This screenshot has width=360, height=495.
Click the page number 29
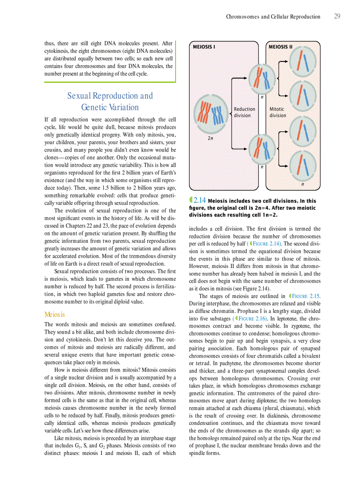(337, 16)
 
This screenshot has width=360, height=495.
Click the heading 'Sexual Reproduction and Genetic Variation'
(110, 101)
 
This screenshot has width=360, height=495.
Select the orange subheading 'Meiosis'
(54, 314)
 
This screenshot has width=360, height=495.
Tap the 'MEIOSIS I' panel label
(204, 47)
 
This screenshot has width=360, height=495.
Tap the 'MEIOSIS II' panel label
(281, 47)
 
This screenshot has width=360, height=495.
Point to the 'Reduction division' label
(244, 112)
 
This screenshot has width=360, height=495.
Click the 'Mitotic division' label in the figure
(277, 112)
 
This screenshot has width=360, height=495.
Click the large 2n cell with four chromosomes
(211, 113)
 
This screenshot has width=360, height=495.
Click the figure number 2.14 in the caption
(199, 201)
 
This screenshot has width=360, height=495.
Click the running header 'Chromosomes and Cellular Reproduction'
(273, 17)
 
